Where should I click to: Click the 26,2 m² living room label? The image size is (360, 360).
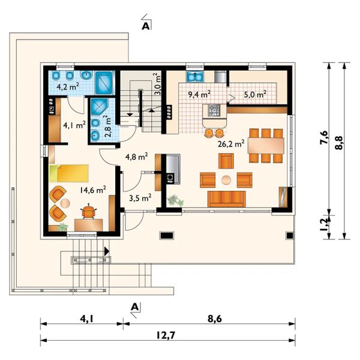231,144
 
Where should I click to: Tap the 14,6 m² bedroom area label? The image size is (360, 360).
93,190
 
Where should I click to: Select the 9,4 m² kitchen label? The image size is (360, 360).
199,94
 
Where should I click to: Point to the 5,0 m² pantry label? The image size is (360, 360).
255,94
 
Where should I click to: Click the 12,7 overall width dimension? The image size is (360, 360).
166,335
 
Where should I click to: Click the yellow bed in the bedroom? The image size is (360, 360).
68,173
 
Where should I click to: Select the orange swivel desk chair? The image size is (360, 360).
88,211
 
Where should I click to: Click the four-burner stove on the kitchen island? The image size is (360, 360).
214,110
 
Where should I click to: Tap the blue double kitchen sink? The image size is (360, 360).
195,76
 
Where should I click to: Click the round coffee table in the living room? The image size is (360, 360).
226,180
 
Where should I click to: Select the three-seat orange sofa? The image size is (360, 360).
227,199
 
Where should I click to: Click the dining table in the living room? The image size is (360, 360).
266,146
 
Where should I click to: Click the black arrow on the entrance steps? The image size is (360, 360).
107,251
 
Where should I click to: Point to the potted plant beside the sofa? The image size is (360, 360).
176,200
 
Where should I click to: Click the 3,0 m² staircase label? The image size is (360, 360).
157,84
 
